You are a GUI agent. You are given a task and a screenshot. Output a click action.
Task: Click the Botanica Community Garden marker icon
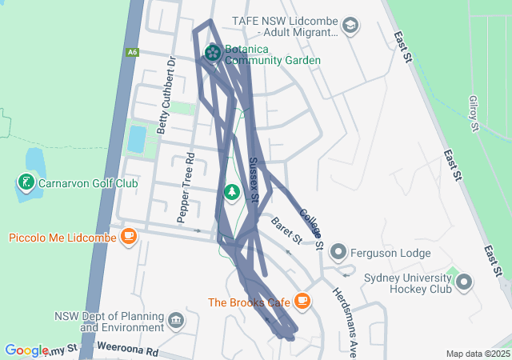[213, 53]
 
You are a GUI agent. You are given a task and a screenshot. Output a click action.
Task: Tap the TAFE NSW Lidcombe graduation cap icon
[350, 26]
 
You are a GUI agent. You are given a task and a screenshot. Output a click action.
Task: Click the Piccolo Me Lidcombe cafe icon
[129, 237]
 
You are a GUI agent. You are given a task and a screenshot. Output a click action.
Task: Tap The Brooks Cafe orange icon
[302, 302]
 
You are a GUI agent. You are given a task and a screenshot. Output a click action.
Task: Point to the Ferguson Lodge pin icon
[338, 253]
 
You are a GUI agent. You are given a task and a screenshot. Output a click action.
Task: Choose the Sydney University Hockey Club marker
[463, 282]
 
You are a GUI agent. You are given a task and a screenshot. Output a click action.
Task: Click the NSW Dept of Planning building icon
[177, 322]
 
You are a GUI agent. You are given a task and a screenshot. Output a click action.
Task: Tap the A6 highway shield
[133, 52]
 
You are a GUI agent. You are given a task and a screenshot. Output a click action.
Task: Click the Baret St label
[286, 230]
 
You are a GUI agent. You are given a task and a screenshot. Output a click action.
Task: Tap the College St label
[310, 227]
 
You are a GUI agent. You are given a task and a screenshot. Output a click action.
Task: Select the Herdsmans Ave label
[343, 320]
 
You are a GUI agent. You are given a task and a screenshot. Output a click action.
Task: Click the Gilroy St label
[474, 113]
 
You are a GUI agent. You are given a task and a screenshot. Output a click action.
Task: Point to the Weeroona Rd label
[127, 350]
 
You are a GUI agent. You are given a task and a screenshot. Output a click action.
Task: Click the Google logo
[26, 350]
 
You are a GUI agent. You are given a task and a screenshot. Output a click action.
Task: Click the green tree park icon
[232, 192]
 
